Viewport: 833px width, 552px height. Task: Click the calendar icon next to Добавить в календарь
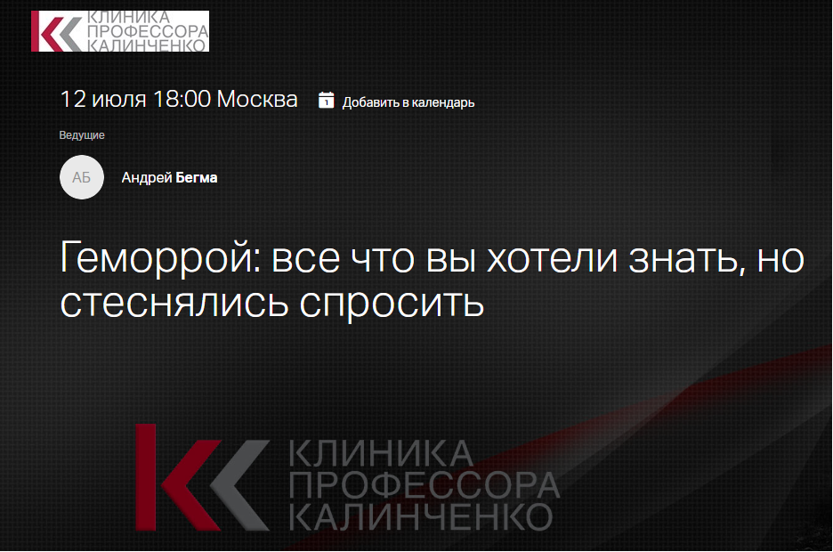327,100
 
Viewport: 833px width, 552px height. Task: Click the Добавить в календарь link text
408,102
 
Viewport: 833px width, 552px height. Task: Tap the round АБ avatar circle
81,177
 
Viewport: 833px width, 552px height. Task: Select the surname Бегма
196,177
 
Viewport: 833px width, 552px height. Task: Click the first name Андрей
147,178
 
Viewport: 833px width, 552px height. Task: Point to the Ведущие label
82,135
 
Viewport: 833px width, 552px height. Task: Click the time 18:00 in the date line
182,100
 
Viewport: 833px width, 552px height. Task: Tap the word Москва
257,100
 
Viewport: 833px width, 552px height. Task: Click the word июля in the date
119,100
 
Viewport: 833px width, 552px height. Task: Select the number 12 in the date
73,100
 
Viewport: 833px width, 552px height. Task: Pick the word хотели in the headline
553,258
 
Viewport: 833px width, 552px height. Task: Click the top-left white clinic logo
120,31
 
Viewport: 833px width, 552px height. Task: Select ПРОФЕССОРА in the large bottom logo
424,485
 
